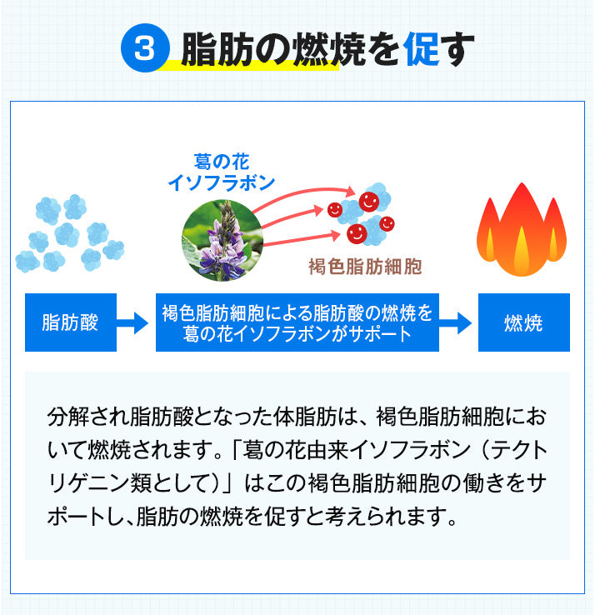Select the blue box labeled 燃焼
point(523,322)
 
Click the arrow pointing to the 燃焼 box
point(457,322)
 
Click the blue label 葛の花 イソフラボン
point(222,170)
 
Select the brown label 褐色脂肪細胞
point(366,267)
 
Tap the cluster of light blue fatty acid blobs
point(70,233)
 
